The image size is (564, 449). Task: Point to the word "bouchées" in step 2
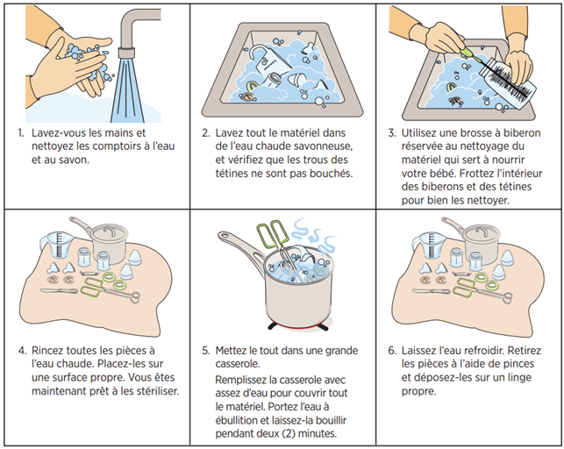tap(325, 174)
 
